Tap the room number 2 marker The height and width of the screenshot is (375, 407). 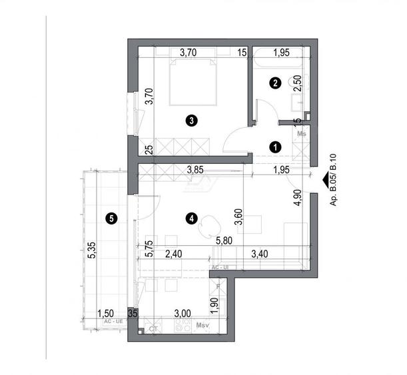coord(274,83)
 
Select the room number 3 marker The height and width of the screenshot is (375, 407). coord(191,121)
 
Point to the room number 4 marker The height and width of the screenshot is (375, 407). coord(192,216)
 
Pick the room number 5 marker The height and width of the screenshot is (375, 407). coord(111,217)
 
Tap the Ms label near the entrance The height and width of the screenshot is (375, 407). coord(302,134)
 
